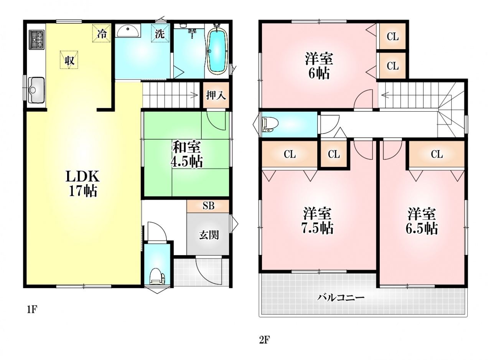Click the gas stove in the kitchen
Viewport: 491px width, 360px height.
click(x=36, y=40)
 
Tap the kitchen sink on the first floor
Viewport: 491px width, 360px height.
click(x=36, y=90)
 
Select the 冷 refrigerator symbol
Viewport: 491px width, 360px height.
click(x=101, y=33)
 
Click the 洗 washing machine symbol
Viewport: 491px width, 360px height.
click(x=160, y=33)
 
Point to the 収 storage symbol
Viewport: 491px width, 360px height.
click(x=69, y=60)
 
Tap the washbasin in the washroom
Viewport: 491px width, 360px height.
click(x=128, y=31)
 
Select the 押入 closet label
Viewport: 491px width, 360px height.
click(x=216, y=95)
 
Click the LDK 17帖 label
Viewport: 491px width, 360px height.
click(x=83, y=183)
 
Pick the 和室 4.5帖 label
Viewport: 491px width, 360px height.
click(x=187, y=154)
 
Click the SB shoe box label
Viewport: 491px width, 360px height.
click(x=208, y=206)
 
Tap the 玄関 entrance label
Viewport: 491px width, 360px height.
click(x=209, y=235)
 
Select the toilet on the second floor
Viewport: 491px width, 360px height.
click(x=270, y=124)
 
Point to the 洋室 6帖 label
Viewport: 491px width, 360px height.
click(x=319, y=66)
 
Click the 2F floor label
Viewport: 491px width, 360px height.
click(x=264, y=340)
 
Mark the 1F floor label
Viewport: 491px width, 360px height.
click(x=32, y=310)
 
